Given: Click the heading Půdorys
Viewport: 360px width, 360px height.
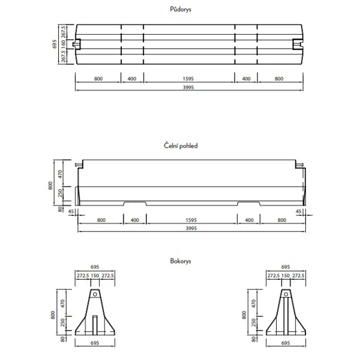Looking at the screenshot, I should [x=180, y=10].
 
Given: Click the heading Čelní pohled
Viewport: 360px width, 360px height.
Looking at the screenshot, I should [x=180, y=145].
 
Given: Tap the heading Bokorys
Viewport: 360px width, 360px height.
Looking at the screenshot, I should [x=180, y=261].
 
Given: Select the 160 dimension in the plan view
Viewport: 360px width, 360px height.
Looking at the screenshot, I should [x=63, y=44].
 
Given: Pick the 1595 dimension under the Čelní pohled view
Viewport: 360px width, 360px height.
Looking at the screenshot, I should [x=191, y=220].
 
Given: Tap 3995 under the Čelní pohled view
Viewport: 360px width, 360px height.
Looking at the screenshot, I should [x=191, y=229].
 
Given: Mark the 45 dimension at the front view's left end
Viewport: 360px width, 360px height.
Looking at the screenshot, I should [x=71, y=211].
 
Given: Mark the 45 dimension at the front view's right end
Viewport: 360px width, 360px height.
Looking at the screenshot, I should [x=299, y=211].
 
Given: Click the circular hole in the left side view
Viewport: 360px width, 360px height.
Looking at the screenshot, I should [x=94, y=294].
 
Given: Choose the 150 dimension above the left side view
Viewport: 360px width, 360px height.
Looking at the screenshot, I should [x=94, y=275].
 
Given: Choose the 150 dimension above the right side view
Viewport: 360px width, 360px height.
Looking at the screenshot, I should [x=285, y=275].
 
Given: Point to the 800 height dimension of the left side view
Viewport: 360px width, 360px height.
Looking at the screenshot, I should [x=53, y=314].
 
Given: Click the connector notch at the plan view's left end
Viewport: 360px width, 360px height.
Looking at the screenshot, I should [x=76, y=44].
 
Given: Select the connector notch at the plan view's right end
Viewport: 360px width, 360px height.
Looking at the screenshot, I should [x=298, y=44].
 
